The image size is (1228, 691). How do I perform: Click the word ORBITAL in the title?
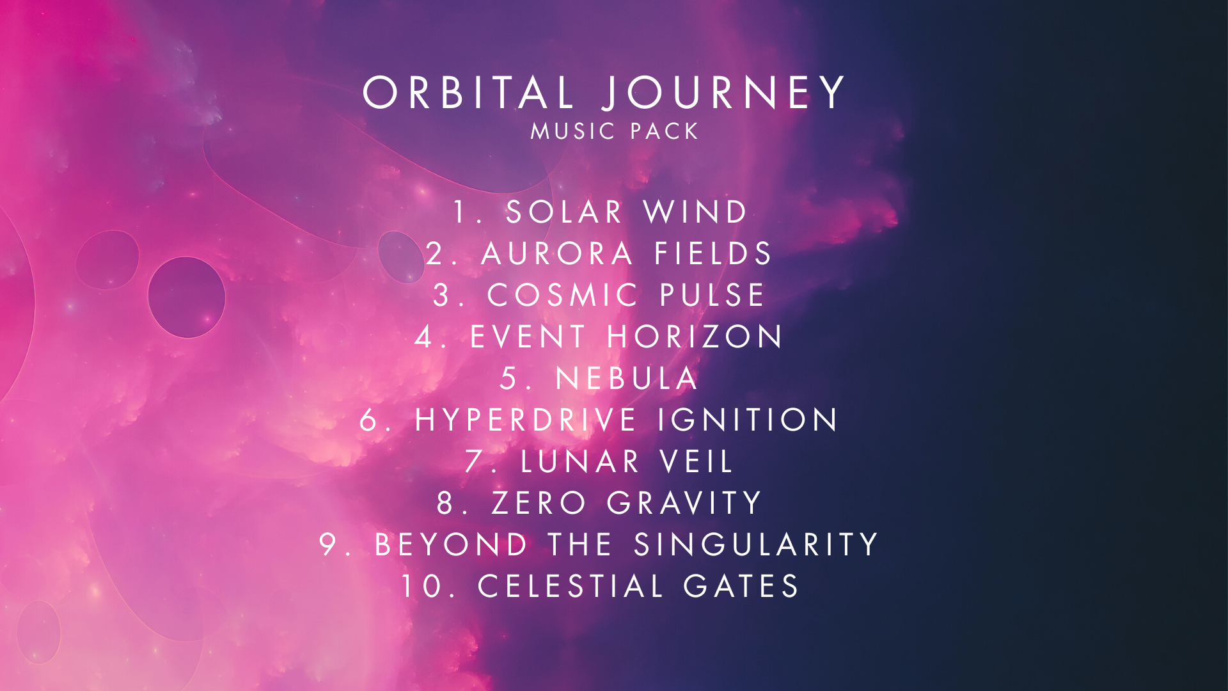point(468,93)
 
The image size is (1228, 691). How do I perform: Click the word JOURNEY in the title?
point(723,93)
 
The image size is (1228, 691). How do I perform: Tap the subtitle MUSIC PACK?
point(615,131)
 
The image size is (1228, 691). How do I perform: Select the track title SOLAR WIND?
point(626,212)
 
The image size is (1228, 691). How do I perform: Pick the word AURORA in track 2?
point(557,253)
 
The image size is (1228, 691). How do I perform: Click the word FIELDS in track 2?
point(713,253)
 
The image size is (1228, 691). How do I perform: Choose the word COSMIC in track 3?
point(563,295)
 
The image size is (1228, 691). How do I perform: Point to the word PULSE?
point(712,295)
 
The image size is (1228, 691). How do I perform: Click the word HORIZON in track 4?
point(695,337)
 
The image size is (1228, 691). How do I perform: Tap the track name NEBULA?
point(627,378)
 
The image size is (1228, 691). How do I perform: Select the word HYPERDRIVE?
point(526,420)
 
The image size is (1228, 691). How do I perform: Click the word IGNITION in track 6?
point(748,420)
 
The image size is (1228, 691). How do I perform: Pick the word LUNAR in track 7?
point(580,461)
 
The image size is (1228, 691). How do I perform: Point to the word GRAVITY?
point(684,503)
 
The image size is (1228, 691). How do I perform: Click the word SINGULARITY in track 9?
point(756,544)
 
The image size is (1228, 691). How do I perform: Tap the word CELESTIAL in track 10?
point(571,586)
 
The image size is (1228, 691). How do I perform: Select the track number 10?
point(424,586)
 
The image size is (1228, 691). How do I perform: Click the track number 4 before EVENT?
point(423,337)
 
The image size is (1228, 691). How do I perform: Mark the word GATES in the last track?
point(741,586)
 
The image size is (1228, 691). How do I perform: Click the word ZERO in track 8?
point(539,503)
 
